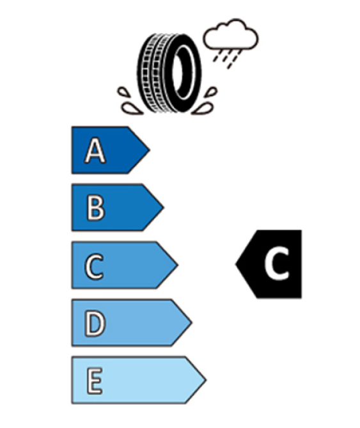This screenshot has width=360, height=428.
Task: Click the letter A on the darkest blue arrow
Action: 95,150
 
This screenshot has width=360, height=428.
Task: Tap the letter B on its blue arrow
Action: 96,208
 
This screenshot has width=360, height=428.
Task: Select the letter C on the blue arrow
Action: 95,266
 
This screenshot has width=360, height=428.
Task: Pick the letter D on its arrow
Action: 95,324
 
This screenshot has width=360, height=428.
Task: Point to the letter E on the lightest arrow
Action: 95,381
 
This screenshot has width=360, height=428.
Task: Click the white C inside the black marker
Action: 277,264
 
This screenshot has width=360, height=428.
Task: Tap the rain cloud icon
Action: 231,34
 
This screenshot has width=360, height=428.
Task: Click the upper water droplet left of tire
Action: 123,92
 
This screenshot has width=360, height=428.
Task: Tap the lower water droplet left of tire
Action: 131,109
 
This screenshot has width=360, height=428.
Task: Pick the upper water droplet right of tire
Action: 211,92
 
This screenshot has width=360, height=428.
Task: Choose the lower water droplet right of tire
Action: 203,109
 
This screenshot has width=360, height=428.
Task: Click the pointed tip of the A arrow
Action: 150,150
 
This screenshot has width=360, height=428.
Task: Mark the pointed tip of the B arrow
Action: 163,207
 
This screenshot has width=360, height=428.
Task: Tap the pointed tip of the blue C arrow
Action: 178,265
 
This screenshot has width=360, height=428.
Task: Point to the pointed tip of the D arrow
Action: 192,322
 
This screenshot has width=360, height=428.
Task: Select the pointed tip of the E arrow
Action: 206,380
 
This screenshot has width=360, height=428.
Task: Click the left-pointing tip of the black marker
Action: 236,264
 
